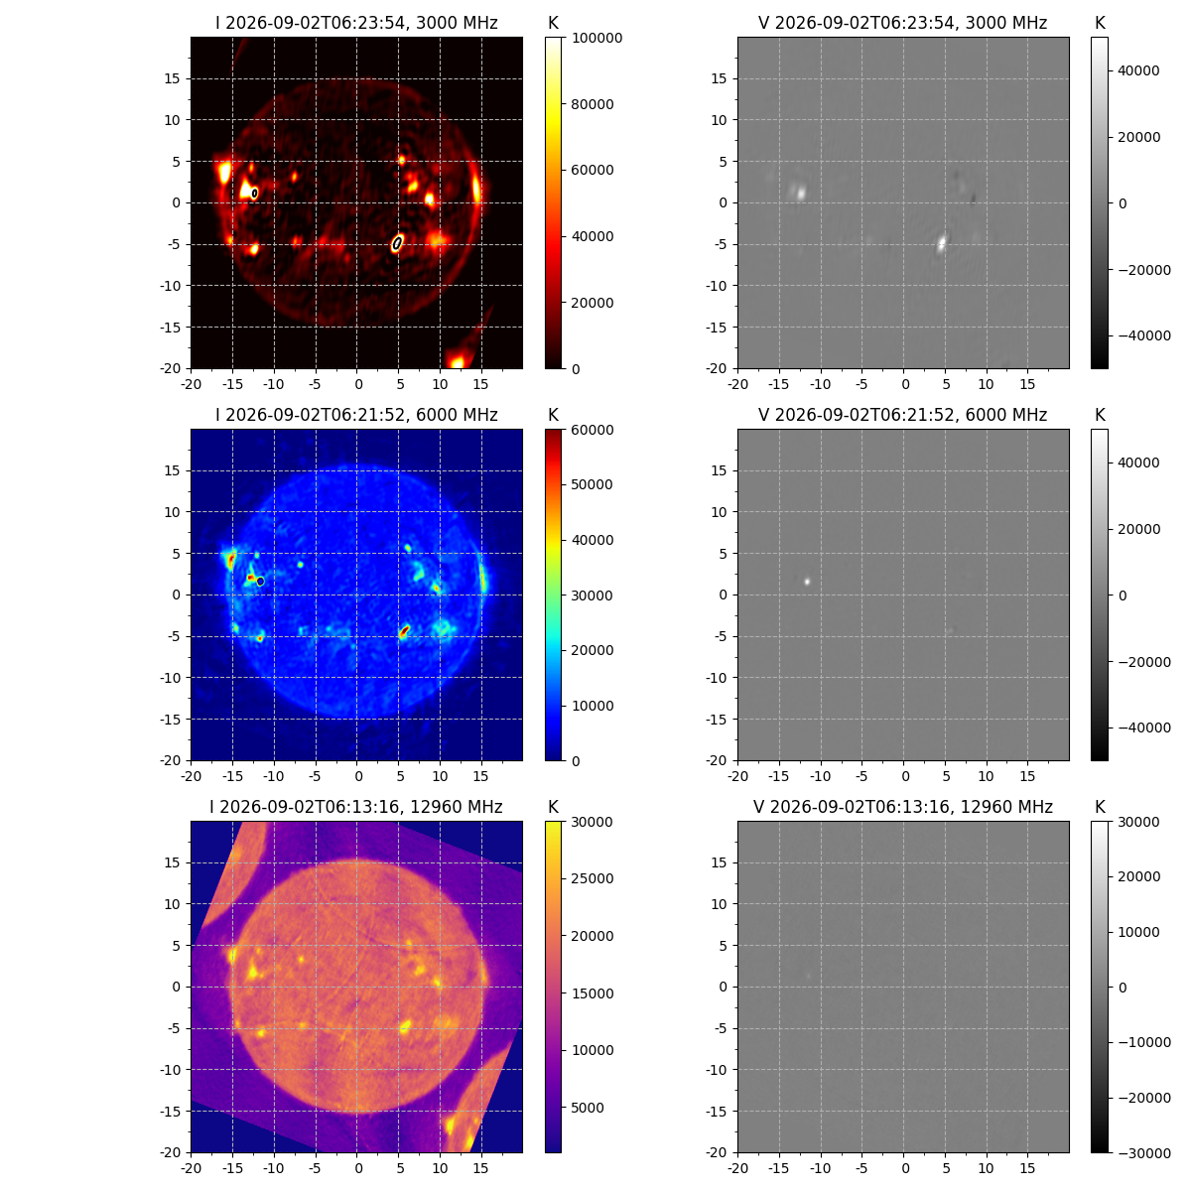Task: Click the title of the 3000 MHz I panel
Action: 356,23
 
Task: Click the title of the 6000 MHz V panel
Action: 902,415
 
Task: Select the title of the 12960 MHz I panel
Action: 356,807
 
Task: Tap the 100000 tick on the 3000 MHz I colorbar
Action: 597,38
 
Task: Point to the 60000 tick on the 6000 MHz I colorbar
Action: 593,430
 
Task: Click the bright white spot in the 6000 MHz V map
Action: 807,582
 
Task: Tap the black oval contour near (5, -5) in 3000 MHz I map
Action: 397,243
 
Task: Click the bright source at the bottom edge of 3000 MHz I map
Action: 457,362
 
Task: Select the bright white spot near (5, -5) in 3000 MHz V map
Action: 942,242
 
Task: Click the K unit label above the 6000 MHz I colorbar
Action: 553,415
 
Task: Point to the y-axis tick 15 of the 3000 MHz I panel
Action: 172,78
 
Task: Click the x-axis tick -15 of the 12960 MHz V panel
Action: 779,1167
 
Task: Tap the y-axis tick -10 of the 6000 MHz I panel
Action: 170,678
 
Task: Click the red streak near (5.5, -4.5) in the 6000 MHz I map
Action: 404,631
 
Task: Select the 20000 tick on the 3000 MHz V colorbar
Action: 1139,137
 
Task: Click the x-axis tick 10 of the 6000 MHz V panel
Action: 986,776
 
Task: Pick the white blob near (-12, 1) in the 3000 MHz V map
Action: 800,193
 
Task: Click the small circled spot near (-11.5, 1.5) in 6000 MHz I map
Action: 260,581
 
